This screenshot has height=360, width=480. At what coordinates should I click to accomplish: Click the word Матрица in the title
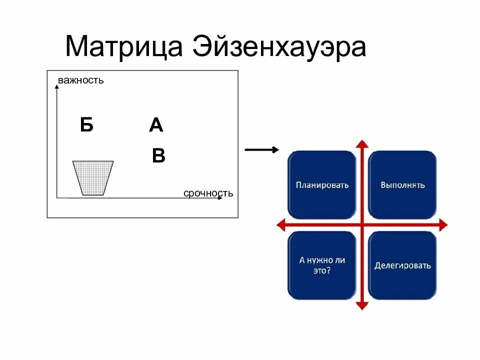tap(123, 47)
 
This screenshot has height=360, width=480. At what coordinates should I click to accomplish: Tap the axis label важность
tap(80, 80)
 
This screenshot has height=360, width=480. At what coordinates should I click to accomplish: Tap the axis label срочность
tap(208, 193)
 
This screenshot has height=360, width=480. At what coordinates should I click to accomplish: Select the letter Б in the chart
tap(86, 125)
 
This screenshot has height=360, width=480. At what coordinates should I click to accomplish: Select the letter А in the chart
tap(156, 125)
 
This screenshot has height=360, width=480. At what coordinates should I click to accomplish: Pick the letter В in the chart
tap(158, 156)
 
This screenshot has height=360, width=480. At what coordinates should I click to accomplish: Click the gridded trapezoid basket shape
tap(93, 178)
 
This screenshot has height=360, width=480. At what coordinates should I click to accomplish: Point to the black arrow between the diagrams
tap(261, 149)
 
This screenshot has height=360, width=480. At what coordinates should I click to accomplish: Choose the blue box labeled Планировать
tap(322, 185)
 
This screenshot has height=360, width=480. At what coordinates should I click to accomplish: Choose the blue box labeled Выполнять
tap(402, 185)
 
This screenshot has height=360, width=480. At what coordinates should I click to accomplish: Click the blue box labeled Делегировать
tap(402, 265)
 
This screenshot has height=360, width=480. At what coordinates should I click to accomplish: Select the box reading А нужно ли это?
tap(322, 265)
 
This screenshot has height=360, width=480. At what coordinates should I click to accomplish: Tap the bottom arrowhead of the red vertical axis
tap(362, 305)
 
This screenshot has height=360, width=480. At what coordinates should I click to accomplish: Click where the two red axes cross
tap(362, 225)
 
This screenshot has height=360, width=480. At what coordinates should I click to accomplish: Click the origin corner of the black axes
tap(57, 198)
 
